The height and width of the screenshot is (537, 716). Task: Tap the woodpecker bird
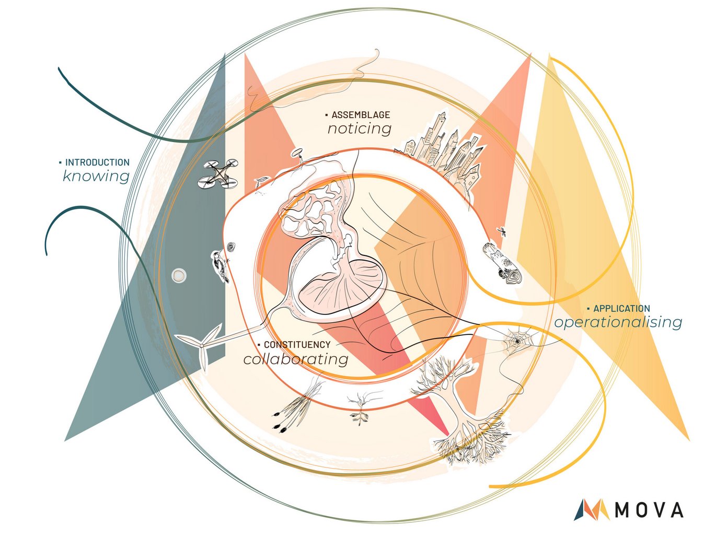(221, 266)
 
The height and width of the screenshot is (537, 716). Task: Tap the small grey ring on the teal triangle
(179, 275)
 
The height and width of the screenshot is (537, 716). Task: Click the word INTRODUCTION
(97, 162)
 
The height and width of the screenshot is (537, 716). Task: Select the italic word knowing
(96, 176)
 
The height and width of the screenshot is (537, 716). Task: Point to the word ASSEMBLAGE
(361, 114)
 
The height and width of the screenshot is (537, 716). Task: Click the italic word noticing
(360, 129)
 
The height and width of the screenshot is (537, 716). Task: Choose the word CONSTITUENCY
(297, 345)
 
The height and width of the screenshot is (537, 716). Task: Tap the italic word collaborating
(296, 359)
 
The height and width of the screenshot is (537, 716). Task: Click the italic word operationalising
(618, 322)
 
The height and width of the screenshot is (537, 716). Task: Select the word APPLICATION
(621, 309)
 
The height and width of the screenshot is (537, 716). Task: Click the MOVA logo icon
(593, 509)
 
